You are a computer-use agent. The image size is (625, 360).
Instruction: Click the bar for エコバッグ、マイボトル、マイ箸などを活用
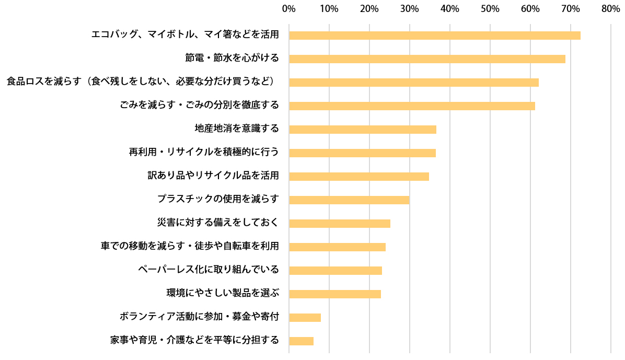coord(434,36)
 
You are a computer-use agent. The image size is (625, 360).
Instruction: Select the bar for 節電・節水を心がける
coord(427,59)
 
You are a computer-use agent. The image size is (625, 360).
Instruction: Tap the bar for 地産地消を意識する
coord(362,130)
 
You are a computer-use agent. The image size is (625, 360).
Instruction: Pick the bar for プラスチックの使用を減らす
coord(349,200)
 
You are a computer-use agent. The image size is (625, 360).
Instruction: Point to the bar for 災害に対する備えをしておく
coord(340,224)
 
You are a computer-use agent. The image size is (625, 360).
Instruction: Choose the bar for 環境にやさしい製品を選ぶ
coord(335,294)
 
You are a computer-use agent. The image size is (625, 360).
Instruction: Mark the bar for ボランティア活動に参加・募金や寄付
coord(305,318)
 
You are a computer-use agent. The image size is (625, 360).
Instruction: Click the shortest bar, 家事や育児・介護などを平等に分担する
coord(301,341)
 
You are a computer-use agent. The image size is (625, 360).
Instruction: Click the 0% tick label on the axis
coord(288,9)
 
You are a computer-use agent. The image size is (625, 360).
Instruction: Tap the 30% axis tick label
coord(409,9)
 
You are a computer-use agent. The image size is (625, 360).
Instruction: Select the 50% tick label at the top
coord(490,9)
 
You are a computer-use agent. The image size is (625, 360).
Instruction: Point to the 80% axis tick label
coord(610,9)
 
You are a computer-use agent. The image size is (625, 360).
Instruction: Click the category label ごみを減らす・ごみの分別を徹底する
coord(199,105)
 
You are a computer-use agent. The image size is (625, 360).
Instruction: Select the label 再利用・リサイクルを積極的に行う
coord(204,152)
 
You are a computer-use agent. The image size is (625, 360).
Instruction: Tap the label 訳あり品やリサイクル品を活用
coord(213,176)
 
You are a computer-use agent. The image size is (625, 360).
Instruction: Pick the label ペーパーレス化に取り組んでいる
coord(209,270)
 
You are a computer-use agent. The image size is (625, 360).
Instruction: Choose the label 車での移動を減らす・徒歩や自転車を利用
coord(190,246)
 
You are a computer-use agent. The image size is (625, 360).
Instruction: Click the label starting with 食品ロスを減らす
coord(142,82)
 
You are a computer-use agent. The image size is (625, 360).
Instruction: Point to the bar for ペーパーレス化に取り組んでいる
coord(335,271)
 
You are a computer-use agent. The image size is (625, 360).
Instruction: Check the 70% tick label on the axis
coord(570,9)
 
